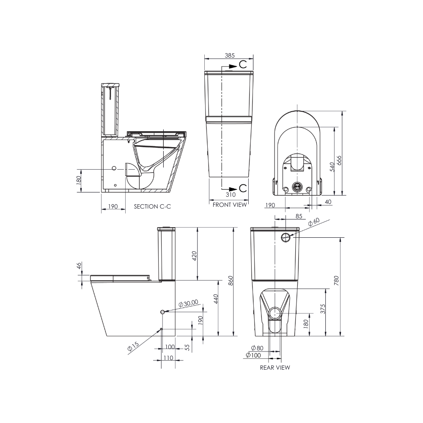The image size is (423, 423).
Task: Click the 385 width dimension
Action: pyautogui.click(x=230, y=55)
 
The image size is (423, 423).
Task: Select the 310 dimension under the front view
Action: pyautogui.click(x=231, y=195)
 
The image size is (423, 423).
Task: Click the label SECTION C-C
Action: pyautogui.click(x=153, y=206)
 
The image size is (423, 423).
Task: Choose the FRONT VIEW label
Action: pyautogui.click(x=229, y=205)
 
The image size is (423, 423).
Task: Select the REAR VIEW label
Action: pyautogui.click(x=275, y=368)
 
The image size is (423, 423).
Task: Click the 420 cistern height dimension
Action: pyautogui.click(x=195, y=256)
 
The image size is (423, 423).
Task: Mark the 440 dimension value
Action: pyautogui.click(x=215, y=299)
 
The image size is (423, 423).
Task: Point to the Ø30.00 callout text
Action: pyautogui.click(x=188, y=303)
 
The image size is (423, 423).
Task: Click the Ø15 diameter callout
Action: pyautogui.click(x=133, y=347)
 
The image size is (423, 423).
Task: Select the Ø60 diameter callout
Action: pyautogui.click(x=314, y=222)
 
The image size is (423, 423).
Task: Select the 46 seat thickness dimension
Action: pyautogui.click(x=79, y=266)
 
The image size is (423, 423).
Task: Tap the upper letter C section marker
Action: pyautogui.click(x=243, y=64)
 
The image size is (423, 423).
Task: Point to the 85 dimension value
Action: pyautogui.click(x=299, y=216)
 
